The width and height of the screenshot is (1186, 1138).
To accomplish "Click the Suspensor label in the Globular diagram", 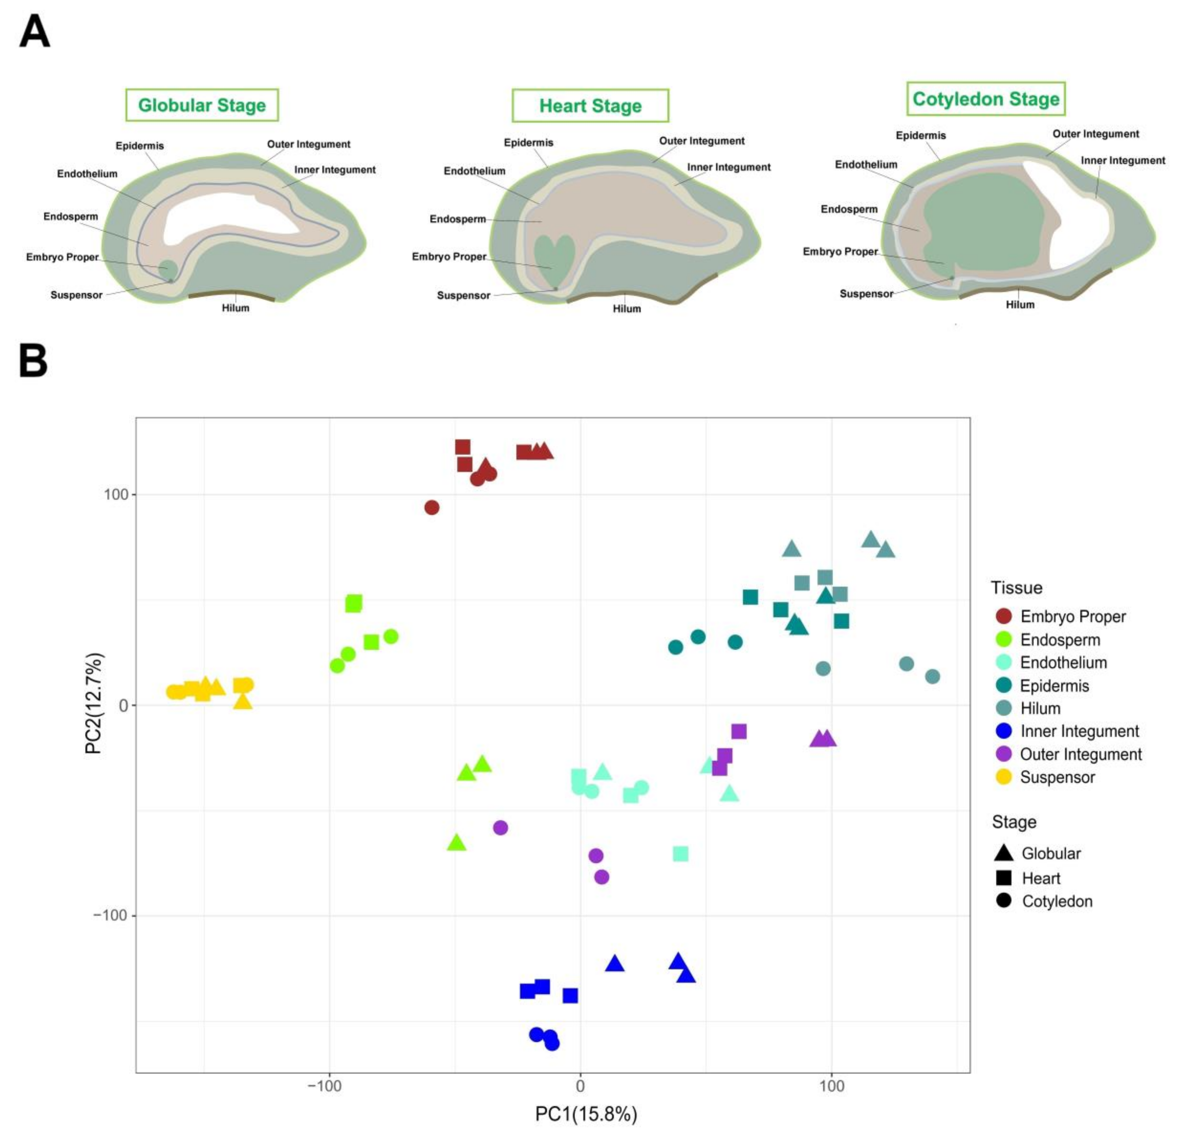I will point(76,295).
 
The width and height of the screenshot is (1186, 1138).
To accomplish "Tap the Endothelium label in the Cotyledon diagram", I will point(866,165).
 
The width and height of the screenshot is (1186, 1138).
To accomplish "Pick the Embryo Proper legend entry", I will point(1072,616).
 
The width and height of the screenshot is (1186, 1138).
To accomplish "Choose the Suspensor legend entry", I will point(1057,777).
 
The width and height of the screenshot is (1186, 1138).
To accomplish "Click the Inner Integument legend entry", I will point(1079,731).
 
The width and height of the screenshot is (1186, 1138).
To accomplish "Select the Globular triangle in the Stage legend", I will point(1003,853).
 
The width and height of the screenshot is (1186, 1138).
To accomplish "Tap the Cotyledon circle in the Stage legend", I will point(1003,901).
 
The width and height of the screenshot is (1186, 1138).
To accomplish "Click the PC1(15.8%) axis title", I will point(586,1114).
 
